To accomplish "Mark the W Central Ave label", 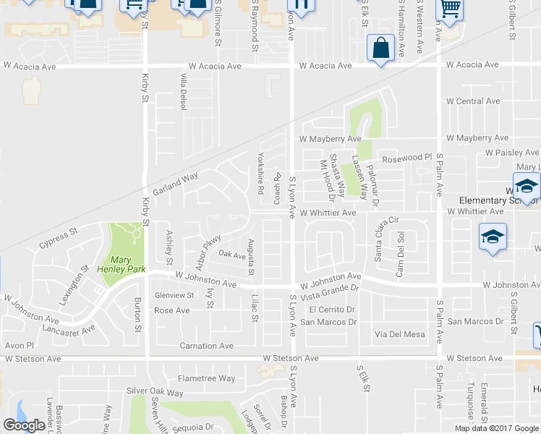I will (473, 101).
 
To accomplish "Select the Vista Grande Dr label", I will (330, 288).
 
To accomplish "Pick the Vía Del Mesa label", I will (400, 334).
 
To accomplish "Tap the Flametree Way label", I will (206, 378).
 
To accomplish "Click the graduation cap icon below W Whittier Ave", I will (493, 237).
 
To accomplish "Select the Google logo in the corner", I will (24, 425).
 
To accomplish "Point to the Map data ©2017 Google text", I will (495, 427).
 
